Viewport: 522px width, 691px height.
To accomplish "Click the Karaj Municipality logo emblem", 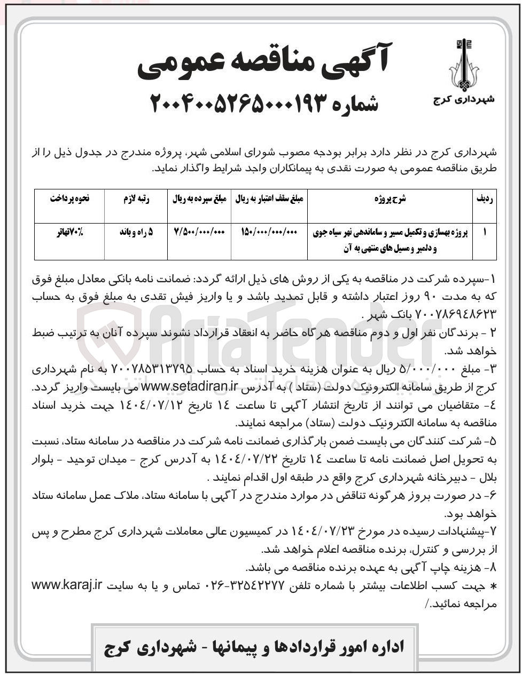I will (x=463, y=65).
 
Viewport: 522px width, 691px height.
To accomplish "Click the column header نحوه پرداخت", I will (x=69, y=199).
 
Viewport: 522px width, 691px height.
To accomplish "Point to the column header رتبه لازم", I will (x=136, y=199).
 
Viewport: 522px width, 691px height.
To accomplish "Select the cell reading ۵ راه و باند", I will (x=136, y=233).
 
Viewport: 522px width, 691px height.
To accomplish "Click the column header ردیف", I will (x=485, y=199).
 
